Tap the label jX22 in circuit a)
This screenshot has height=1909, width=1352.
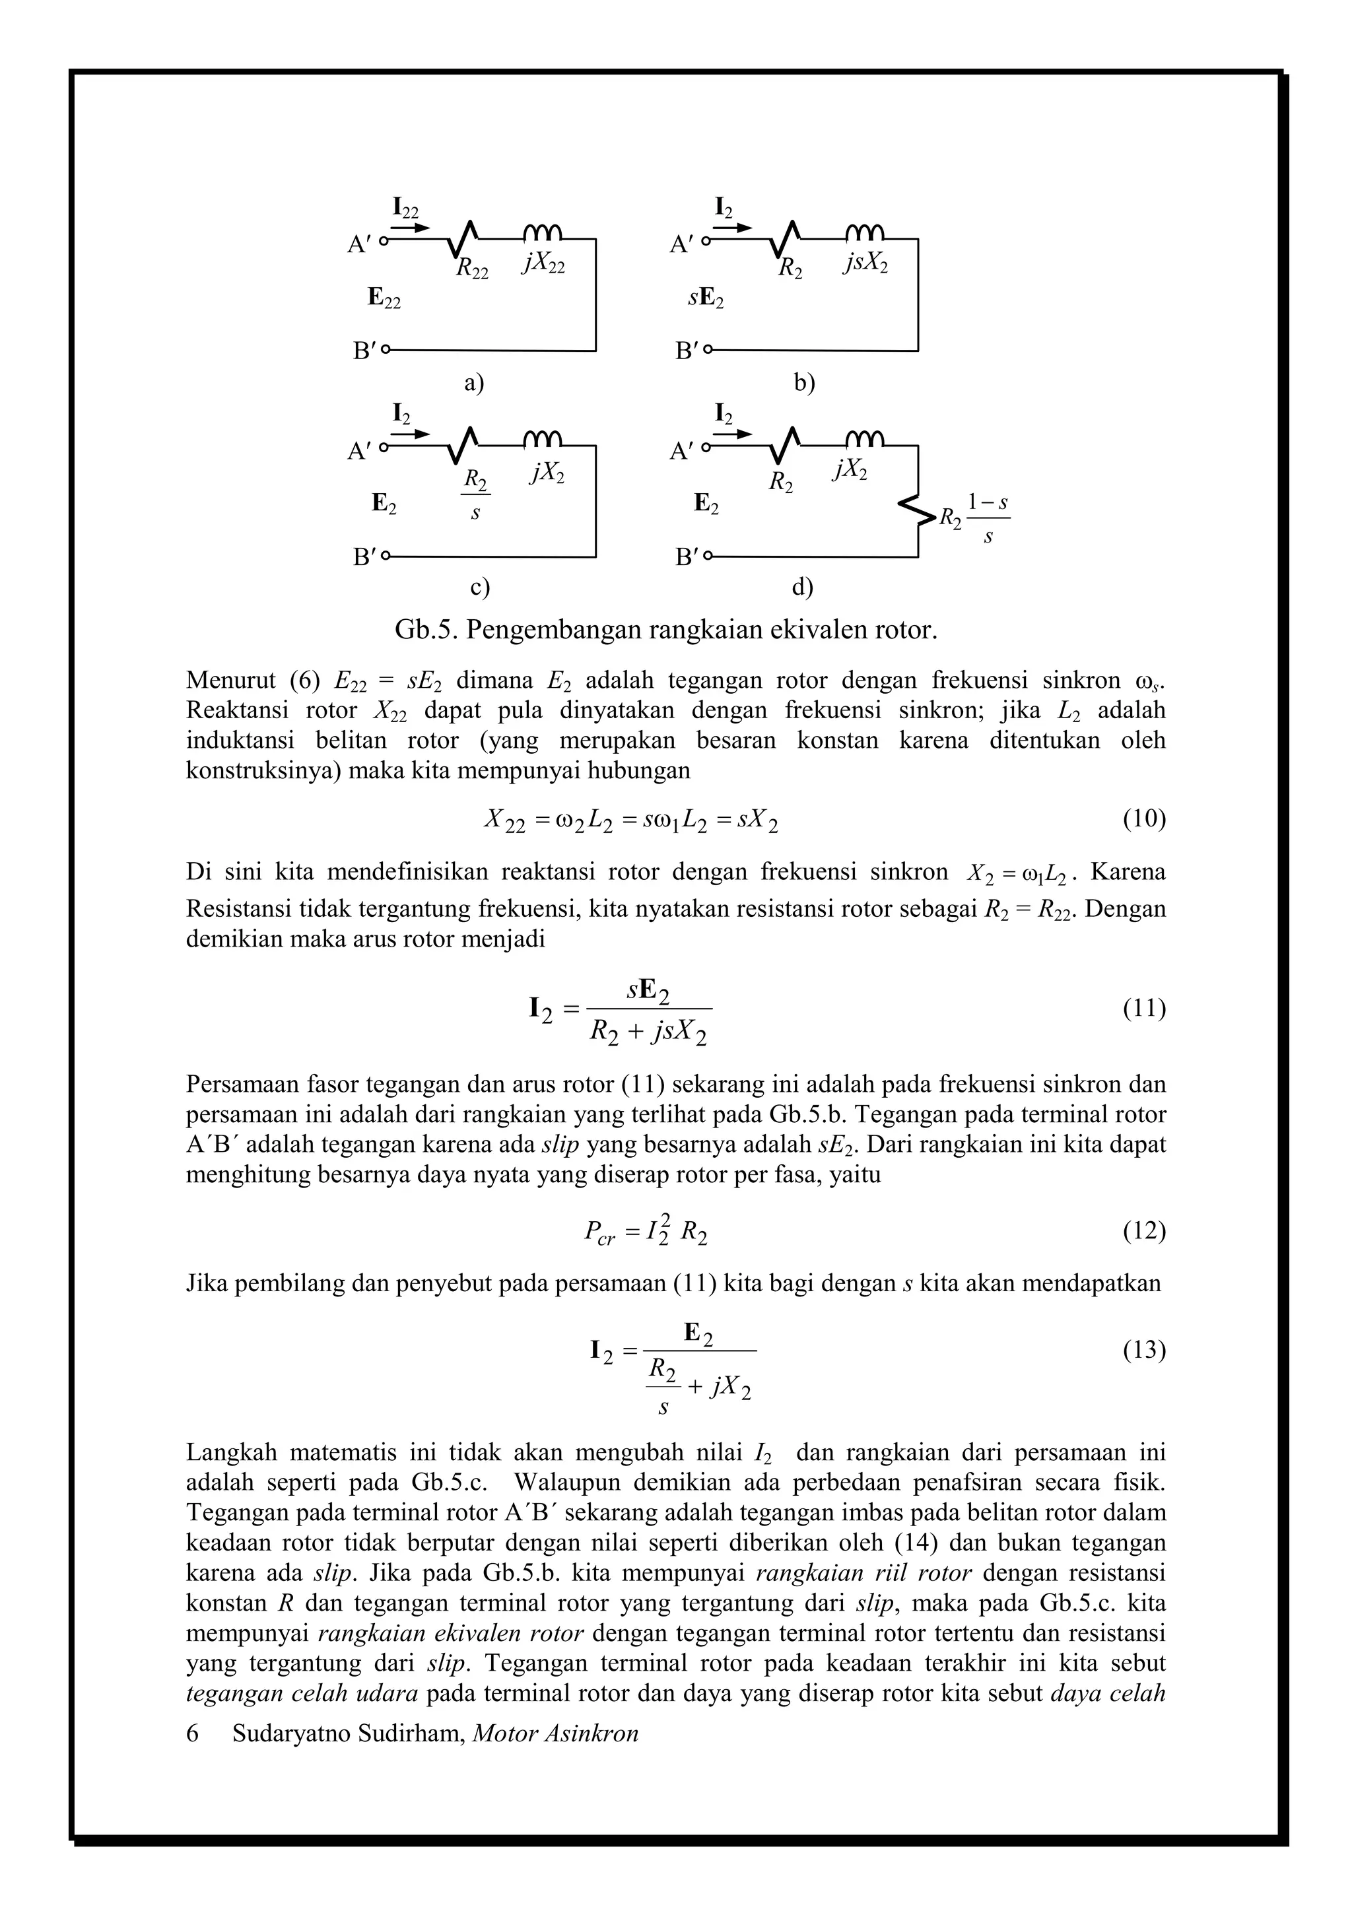(x=545, y=263)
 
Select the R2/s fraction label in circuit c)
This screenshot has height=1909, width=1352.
(x=475, y=494)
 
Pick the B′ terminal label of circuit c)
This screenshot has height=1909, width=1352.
(x=364, y=557)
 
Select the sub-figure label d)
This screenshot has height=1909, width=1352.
(x=801, y=587)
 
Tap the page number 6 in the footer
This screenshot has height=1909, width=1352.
(x=192, y=1733)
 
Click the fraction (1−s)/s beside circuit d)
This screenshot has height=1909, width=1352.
(x=988, y=519)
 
